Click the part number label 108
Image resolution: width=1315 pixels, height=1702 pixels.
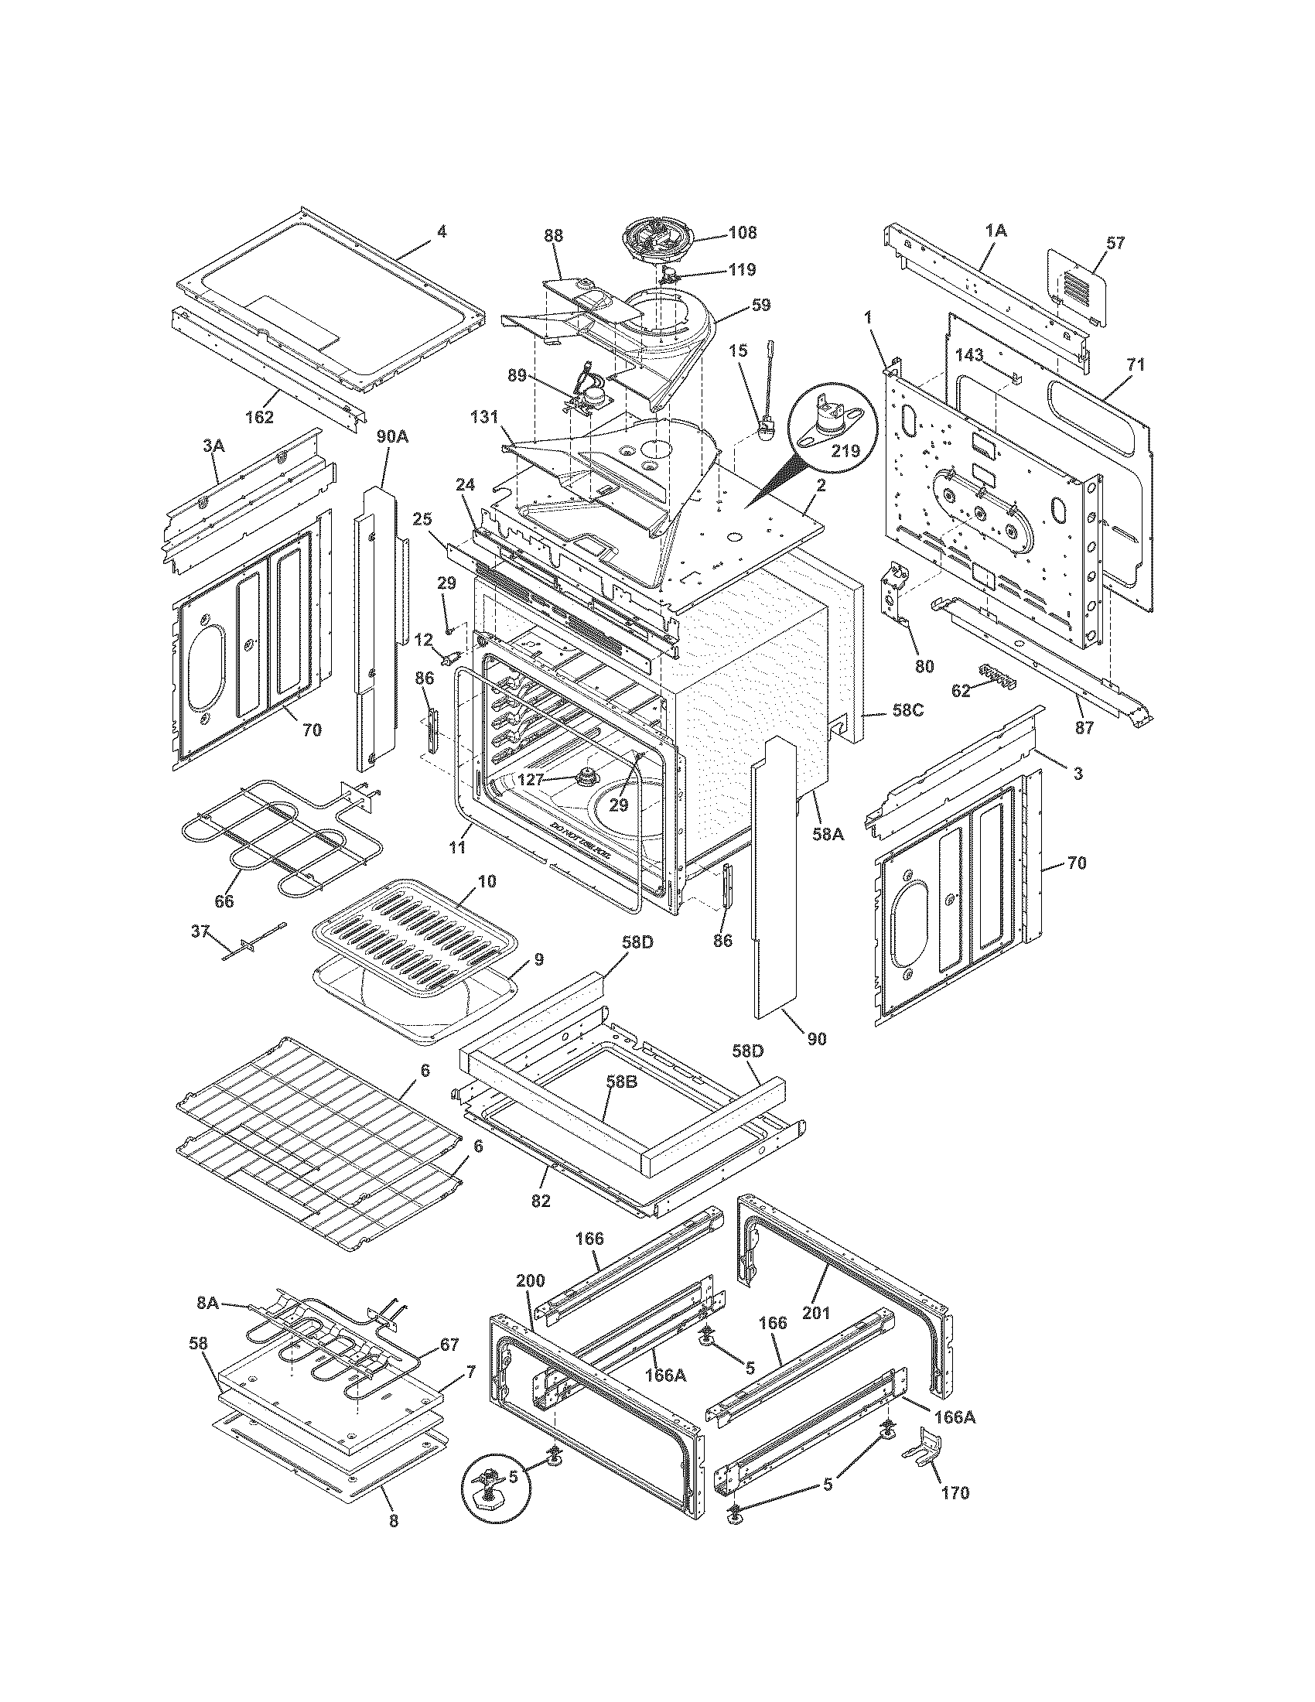pos(742,232)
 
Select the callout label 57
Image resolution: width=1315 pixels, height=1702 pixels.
pos(1115,243)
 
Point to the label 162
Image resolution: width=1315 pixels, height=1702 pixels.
pos(259,417)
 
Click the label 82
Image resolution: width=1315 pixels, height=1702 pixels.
pos(541,1201)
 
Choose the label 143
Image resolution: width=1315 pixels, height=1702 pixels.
pos(969,355)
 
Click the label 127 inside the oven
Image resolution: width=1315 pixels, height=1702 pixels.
pos(532,778)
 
